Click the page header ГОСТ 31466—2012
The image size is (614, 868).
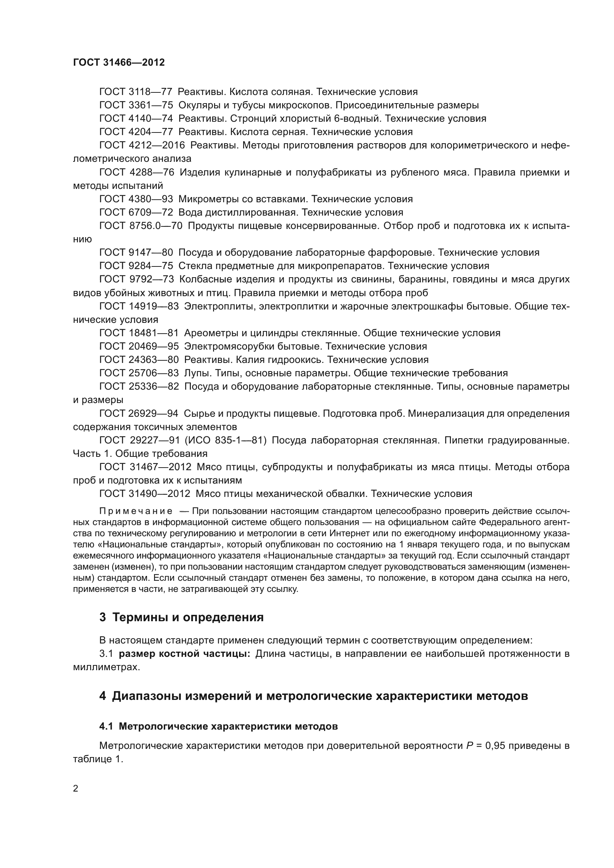coord(119,62)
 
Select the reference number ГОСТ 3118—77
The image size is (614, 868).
coord(136,92)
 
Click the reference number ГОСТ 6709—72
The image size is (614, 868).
coord(136,213)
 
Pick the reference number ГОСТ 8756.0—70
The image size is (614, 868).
coord(141,226)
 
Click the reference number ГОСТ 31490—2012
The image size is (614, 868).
coord(145,494)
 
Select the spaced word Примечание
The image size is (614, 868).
coord(136,511)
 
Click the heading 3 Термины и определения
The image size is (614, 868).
coord(181,618)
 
